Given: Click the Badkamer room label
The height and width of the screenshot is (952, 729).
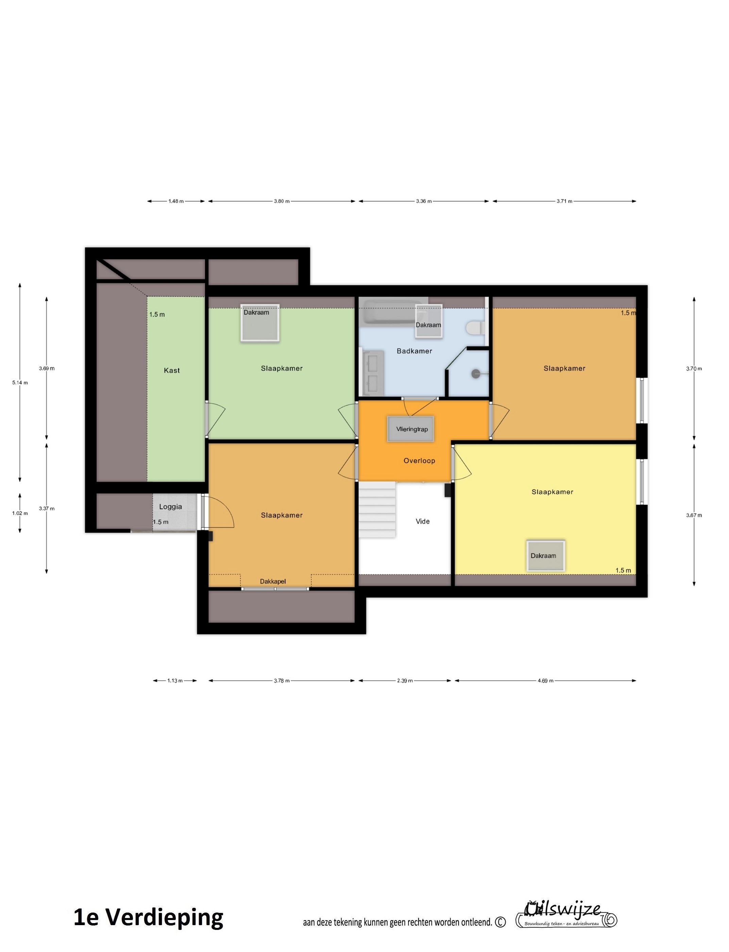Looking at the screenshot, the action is click(x=414, y=351).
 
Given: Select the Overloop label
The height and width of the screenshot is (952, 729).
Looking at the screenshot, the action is click(x=419, y=461).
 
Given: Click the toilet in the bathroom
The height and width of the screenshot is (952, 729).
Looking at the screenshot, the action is click(x=475, y=328).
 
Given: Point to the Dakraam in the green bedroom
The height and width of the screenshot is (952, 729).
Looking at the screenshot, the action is click(x=260, y=323).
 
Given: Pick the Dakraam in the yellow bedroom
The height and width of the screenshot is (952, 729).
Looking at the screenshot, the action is click(x=545, y=556).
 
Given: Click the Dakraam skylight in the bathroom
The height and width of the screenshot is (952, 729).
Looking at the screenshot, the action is click(x=429, y=321).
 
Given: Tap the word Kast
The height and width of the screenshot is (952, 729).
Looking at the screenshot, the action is click(x=172, y=371).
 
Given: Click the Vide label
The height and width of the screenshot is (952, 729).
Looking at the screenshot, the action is click(x=423, y=522).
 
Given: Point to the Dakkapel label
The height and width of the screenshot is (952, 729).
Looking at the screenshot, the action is click(x=273, y=581).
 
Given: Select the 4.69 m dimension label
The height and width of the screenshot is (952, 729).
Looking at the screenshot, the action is click(x=545, y=681).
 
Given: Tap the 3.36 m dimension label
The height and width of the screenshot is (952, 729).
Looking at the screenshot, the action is click(x=424, y=201).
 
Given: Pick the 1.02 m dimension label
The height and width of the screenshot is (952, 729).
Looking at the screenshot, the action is click(x=20, y=513).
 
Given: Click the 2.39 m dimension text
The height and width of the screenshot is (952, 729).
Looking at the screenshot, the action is click(x=405, y=681).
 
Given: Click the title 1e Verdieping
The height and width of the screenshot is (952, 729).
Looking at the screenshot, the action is click(x=148, y=918).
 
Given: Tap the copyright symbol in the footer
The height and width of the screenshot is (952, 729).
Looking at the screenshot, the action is click(x=500, y=922).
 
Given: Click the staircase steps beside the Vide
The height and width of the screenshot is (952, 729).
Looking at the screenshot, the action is click(x=377, y=510).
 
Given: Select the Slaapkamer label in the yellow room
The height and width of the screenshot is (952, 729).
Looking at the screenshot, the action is click(x=553, y=492).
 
